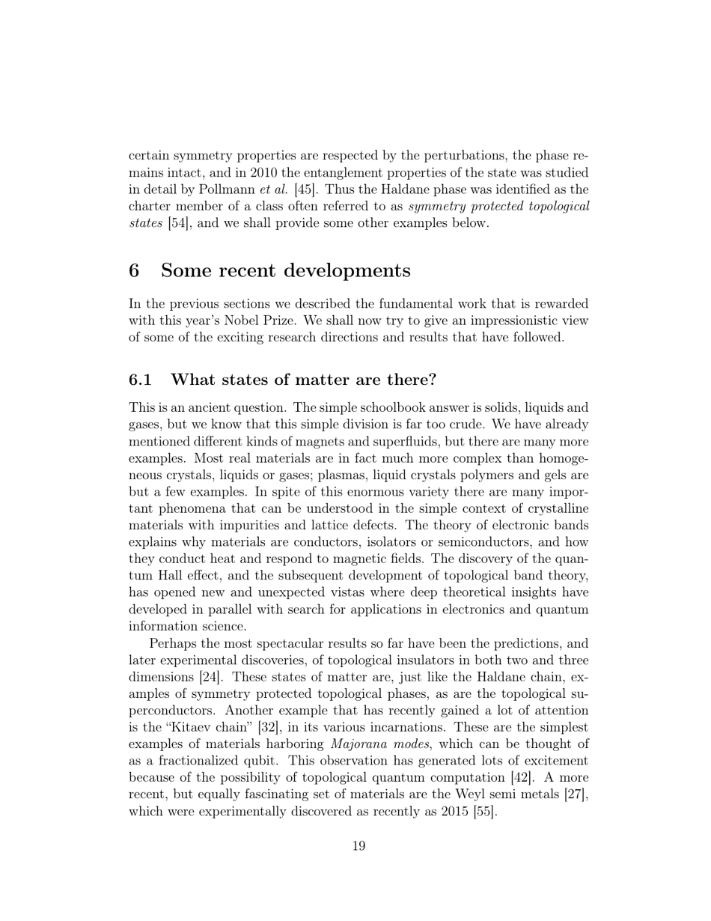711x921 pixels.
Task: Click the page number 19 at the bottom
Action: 358,846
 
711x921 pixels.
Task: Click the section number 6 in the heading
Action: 134,270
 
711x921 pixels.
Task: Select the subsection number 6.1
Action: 140,380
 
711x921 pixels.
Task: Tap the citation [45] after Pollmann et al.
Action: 305,189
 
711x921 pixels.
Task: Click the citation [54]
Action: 177,223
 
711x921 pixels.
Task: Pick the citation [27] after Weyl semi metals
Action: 576,794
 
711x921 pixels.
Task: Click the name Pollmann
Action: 225,189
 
